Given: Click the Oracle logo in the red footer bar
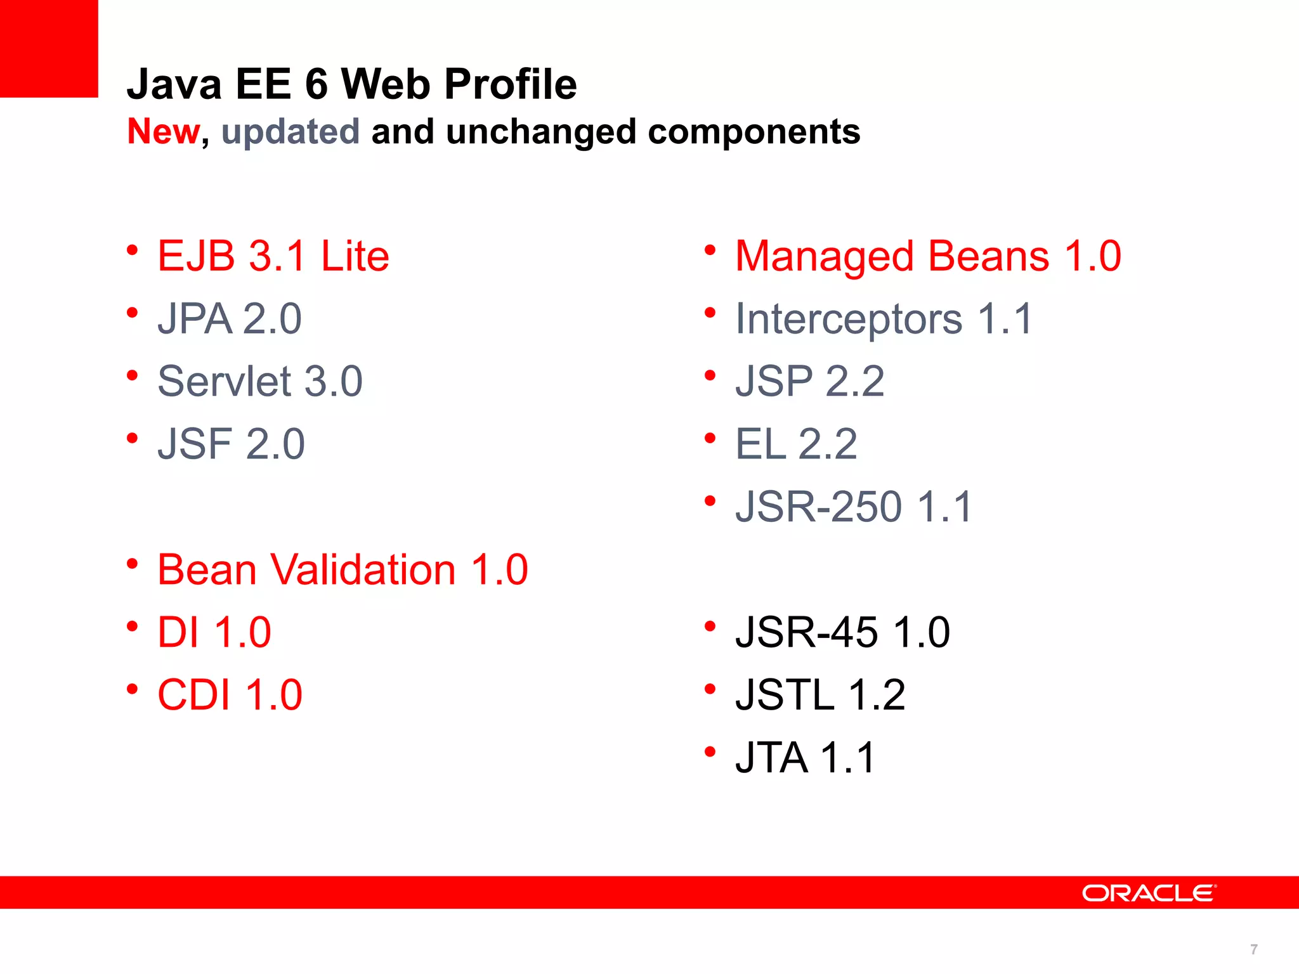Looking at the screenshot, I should point(1149,893).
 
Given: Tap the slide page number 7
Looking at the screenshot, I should point(1253,949).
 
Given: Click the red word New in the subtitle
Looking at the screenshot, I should point(163,131).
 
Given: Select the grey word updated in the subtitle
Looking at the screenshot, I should point(290,132).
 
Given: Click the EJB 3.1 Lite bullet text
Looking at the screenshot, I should point(273,256).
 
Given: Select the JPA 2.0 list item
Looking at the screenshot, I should point(229,319).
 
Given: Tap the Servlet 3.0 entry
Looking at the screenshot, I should point(259,381).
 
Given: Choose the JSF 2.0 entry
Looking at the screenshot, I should point(231,444).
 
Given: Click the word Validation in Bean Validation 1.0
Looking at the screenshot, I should point(363,569).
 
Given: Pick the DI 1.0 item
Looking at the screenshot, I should point(214,632).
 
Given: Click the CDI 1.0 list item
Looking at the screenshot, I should point(230,695).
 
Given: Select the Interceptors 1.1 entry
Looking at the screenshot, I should point(884,319).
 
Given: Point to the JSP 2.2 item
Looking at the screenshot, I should point(809,381).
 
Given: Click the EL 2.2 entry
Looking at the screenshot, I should point(796,444).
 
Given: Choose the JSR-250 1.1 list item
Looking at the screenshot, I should point(853,507).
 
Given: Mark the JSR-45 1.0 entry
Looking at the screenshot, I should point(842,632).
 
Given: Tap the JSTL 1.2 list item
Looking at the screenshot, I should point(819,695).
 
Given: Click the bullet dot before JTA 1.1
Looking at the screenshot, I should point(710,752).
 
